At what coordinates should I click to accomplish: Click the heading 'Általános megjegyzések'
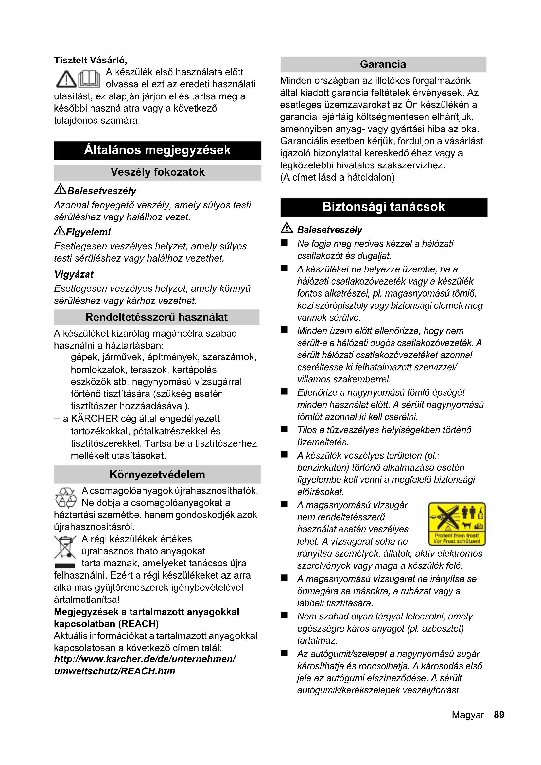(x=157, y=150)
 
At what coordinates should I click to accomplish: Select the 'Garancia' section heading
(x=383, y=64)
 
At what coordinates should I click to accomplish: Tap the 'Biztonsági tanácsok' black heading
(x=383, y=207)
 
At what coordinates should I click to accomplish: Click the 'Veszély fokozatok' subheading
(x=158, y=172)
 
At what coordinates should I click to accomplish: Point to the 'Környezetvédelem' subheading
(x=157, y=474)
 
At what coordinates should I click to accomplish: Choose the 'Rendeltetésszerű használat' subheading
(x=157, y=317)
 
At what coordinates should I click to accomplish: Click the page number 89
(x=499, y=715)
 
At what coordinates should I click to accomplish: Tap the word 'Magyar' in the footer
(x=468, y=715)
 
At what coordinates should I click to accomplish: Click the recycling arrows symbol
(x=66, y=498)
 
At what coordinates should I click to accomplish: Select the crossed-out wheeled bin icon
(x=65, y=548)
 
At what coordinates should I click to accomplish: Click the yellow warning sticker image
(x=457, y=523)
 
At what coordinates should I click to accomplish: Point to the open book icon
(x=89, y=79)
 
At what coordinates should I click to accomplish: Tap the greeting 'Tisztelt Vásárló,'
(x=91, y=60)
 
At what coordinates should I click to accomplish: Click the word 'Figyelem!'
(x=88, y=232)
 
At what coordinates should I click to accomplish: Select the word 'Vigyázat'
(x=74, y=274)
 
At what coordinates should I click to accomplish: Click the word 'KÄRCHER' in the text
(x=95, y=419)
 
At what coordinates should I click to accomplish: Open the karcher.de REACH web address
(x=145, y=665)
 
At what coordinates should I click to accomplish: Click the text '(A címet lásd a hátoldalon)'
(x=337, y=177)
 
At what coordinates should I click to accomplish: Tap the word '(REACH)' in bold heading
(x=138, y=624)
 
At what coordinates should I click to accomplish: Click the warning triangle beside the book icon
(x=66, y=79)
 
